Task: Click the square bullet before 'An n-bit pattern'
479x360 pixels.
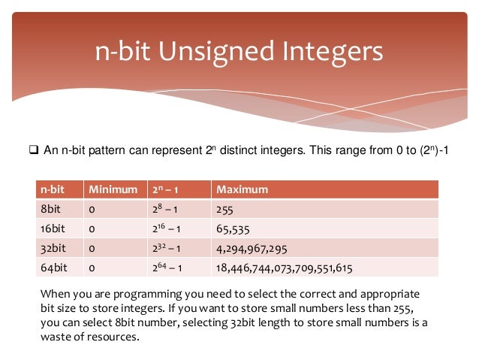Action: (x=34, y=151)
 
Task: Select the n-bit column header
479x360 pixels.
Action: (x=53, y=189)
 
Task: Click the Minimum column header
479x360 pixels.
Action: (x=112, y=189)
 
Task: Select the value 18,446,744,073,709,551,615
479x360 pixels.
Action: (x=283, y=267)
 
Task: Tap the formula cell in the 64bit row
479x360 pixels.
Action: (x=170, y=267)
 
